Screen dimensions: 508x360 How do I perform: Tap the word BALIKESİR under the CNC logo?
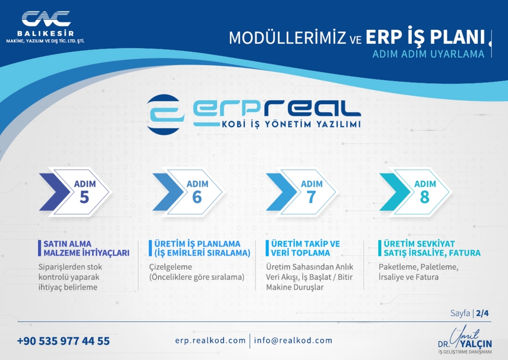tap(46, 33)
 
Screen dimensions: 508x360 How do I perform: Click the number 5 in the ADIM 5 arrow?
tap(84, 197)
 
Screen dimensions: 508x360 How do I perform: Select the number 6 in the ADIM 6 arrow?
tap(197, 197)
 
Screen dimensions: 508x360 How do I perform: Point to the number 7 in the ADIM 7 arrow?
tap(311, 197)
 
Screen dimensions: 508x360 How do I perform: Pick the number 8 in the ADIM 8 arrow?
tap(425, 197)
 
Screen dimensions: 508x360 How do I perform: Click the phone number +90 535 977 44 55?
tap(63, 341)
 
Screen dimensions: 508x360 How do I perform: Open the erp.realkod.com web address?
tap(210, 341)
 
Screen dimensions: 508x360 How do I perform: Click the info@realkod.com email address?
tap(293, 341)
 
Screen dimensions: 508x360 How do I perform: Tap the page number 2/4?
tap(482, 313)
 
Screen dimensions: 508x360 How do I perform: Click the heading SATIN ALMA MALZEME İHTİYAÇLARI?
tap(86, 248)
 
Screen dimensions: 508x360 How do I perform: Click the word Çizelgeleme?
tap(171, 267)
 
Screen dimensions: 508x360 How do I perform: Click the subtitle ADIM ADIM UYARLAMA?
tap(428, 54)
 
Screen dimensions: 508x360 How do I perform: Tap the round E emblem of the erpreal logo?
tap(164, 114)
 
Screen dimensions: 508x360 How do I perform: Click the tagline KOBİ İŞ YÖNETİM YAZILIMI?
tap(291, 124)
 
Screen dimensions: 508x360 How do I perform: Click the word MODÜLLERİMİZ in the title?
tap(288, 38)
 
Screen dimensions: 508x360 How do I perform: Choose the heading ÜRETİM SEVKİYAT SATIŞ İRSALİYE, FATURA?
tap(432, 248)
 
